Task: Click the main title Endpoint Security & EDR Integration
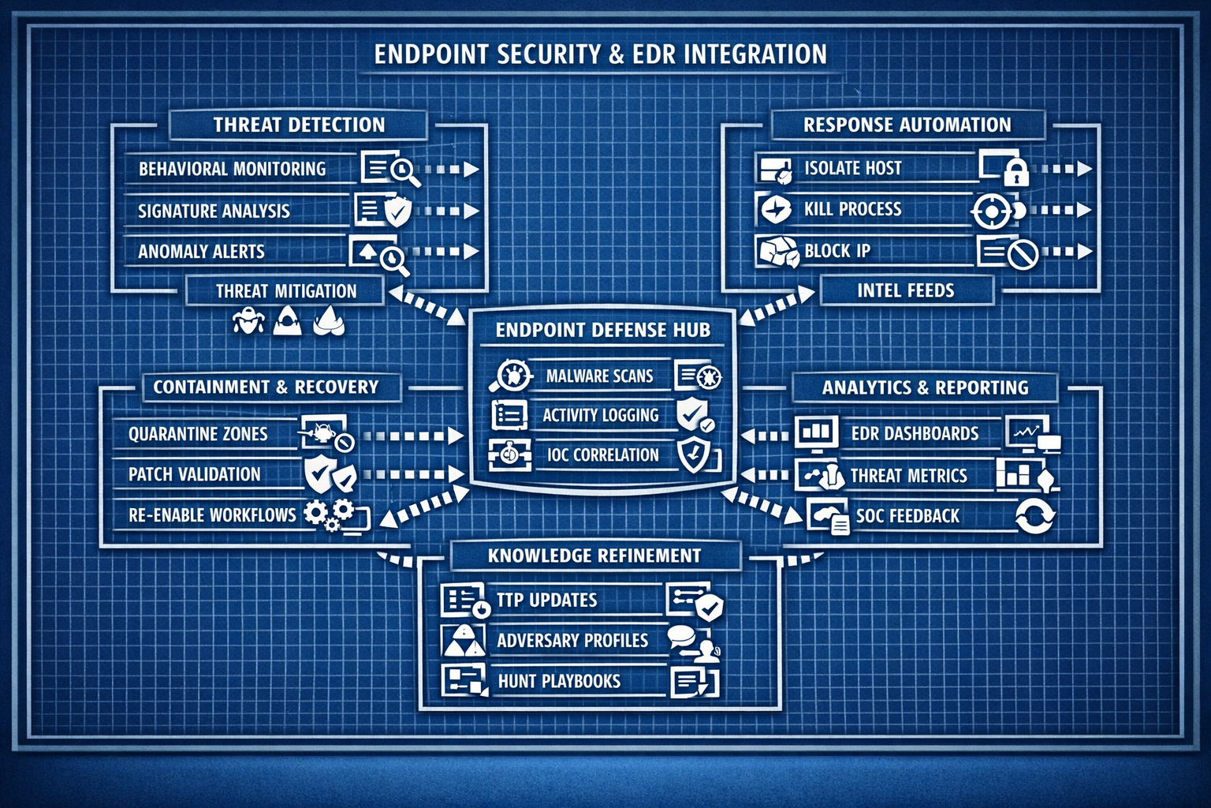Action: tap(600, 54)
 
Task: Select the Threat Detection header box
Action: tap(298, 125)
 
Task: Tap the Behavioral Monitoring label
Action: tap(232, 169)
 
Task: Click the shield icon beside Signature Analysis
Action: tap(397, 211)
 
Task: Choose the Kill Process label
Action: tap(852, 209)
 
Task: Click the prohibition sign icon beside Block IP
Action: tap(1023, 254)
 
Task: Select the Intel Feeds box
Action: tap(906, 290)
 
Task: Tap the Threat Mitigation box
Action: tap(286, 291)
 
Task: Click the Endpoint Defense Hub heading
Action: tap(602, 330)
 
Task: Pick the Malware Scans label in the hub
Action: tap(599, 376)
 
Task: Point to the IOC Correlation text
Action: tap(602, 455)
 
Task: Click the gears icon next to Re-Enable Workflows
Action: tap(328, 514)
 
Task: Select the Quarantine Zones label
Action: tap(198, 434)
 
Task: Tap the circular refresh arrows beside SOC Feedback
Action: tap(1034, 517)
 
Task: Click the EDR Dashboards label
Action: tap(915, 433)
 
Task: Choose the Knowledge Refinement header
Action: tap(594, 555)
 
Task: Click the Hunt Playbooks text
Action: tap(559, 681)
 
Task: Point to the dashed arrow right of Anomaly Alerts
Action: tap(446, 252)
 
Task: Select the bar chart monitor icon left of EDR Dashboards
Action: tap(816, 432)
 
